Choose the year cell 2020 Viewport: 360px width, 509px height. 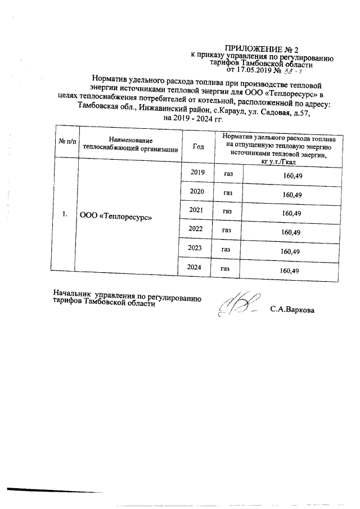click(x=197, y=192)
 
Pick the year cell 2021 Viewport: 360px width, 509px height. click(x=196, y=210)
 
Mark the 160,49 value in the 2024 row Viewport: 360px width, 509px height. click(x=289, y=271)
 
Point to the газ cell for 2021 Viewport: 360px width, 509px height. click(x=227, y=212)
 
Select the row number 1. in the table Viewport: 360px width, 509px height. click(x=65, y=214)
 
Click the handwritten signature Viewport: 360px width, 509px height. click(x=239, y=305)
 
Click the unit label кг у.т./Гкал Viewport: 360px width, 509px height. click(x=280, y=162)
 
